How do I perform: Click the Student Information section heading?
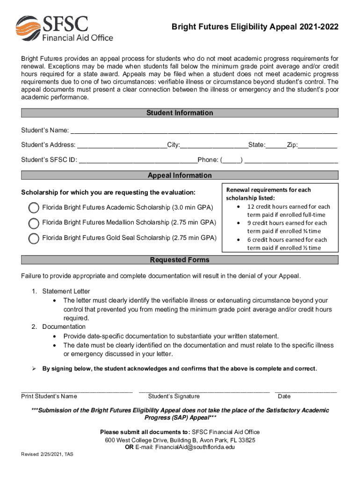coord(180,113)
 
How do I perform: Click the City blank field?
coord(214,145)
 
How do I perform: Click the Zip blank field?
coord(318,145)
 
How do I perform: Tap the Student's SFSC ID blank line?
coord(138,160)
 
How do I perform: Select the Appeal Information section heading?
coord(180,175)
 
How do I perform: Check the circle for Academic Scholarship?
coord(34,208)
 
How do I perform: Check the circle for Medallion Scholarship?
coord(34,223)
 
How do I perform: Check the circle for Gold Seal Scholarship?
coord(34,238)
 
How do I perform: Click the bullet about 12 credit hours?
coord(288,210)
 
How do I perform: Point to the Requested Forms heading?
coord(180,260)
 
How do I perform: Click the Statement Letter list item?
coord(66,291)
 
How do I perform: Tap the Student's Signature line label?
coord(173,397)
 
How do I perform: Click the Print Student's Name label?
coord(49,397)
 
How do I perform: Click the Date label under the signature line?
coord(284,397)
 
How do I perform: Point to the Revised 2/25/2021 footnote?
coord(47,454)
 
